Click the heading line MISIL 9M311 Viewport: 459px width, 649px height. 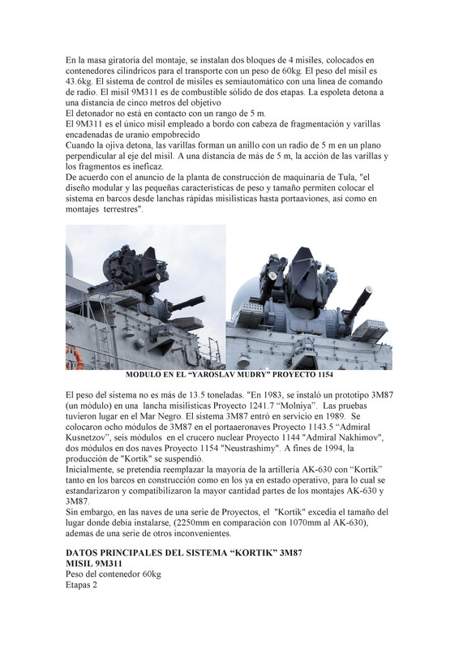[x=96, y=564]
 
